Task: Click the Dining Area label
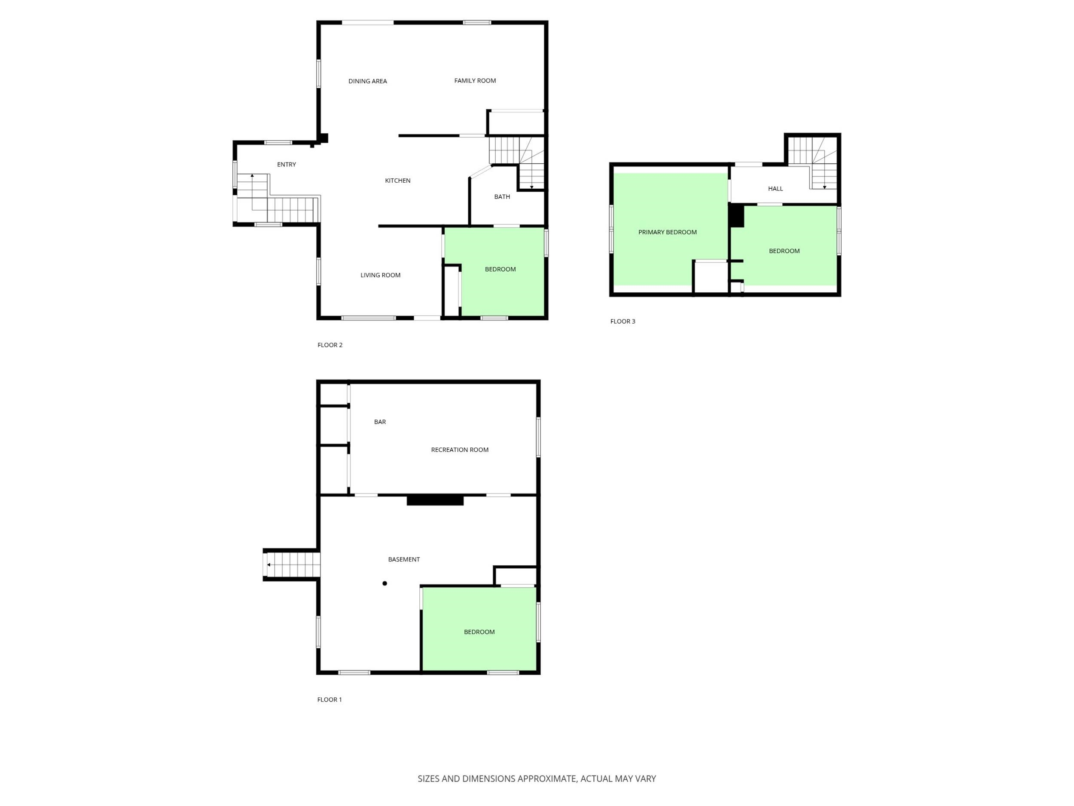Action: coord(368,81)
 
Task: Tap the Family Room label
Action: coord(475,81)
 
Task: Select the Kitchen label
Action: coord(398,180)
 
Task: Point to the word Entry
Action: coord(287,164)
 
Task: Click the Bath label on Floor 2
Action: coord(502,197)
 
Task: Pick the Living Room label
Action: coord(380,275)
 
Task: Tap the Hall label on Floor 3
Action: coord(775,189)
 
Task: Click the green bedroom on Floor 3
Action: coord(784,245)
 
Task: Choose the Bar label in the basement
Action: coord(380,422)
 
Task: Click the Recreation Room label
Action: coord(460,450)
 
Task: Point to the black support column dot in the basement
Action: coord(384,583)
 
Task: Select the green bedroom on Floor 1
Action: coord(479,629)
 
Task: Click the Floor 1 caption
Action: coord(330,699)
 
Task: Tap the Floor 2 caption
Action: coord(330,345)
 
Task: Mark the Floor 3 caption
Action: coord(623,321)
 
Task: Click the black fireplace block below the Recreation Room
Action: coord(435,500)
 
